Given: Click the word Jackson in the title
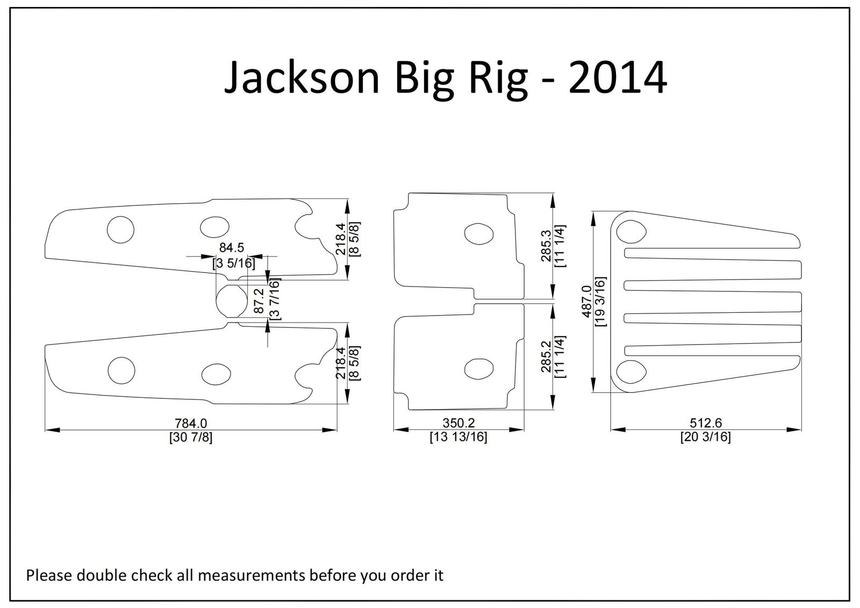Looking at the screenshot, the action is pyautogui.click(x=302, y=77).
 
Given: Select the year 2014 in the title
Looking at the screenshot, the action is pyautogui.click(x=618, y=77).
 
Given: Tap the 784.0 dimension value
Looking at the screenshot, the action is pyautogui.click(x=191, y=423).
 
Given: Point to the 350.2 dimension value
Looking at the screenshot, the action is pyautogui.click(x=458, y=423).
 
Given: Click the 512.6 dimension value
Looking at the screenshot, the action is pyautogui.click(x=706, y=423).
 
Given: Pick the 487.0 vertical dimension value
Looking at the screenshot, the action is pyautogui.click(x=586, y=302).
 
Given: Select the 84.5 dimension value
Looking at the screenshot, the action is pyautogui.click(x=232, y=247).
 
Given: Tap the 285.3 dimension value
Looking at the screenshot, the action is pyautogui.click(x=546, y=246).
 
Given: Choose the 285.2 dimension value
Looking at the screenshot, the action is pyautogui.click(x=546, y=357).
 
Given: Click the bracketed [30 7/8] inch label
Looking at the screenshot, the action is pyautogui.click(x=191, y=437).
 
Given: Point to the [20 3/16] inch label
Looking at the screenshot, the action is pyautogui.click(x=706, y=437).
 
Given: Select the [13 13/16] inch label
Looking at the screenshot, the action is pyautogui.click(x=458, y=437).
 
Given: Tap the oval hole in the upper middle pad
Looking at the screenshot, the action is pyautogui.click(x=479, y=233).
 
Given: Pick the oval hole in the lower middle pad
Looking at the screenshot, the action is pyautogui.click(x=479, y=369).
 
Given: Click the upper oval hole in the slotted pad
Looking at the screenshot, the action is pyautogui.click(x=631, y=232).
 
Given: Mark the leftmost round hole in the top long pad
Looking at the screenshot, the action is pyautogui.click(x=120, y=230).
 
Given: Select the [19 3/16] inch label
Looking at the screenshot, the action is pyautogui.click(x=600, y=302).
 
